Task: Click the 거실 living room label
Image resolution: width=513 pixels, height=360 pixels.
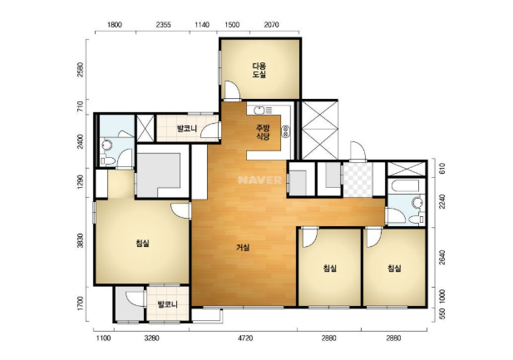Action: tap(243, 248)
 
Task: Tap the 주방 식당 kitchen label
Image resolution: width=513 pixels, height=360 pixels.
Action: tap(263, 132)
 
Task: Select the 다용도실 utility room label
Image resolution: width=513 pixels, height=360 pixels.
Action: tap(259, 71)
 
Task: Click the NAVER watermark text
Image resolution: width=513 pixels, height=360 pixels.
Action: tap(260, 180)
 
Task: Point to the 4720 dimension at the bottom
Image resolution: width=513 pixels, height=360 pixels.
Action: tap(244, 338)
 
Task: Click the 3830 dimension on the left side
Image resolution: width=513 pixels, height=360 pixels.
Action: tap(81, 240)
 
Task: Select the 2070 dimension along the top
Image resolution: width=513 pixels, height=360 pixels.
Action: tap(271, 25)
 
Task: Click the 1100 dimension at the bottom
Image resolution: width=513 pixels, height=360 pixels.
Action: tap(103, 338)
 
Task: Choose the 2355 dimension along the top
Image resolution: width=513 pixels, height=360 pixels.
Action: tap(163, 25)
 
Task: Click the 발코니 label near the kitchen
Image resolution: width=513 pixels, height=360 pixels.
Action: tap(187, 128)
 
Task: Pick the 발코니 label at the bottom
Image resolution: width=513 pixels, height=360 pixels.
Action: tap(167, 304)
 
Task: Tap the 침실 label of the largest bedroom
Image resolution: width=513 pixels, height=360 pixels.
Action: tap(142, 243)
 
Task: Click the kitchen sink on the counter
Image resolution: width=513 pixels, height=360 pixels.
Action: tap(259, 111)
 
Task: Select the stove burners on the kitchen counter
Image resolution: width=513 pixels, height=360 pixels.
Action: tap(286, 131)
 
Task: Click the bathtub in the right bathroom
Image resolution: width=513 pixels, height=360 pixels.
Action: tap(406, 186)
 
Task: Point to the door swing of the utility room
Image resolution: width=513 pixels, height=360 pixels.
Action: tap(233, 90)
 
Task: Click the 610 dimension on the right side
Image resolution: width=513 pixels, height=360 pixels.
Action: tap(441, 169)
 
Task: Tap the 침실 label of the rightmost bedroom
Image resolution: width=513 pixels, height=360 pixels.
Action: tap(394, 269)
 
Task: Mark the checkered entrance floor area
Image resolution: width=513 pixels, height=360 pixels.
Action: tap(358, 180)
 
